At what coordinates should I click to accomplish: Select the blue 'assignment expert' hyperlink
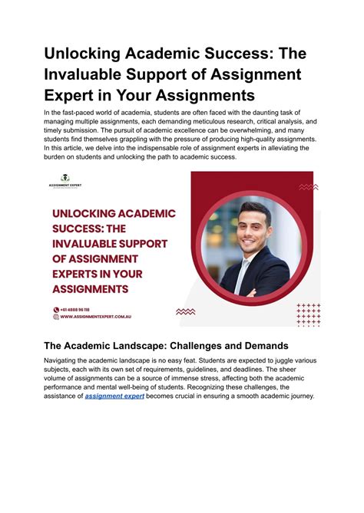point(114,417)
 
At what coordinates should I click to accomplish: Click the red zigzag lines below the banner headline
point(185,311)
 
